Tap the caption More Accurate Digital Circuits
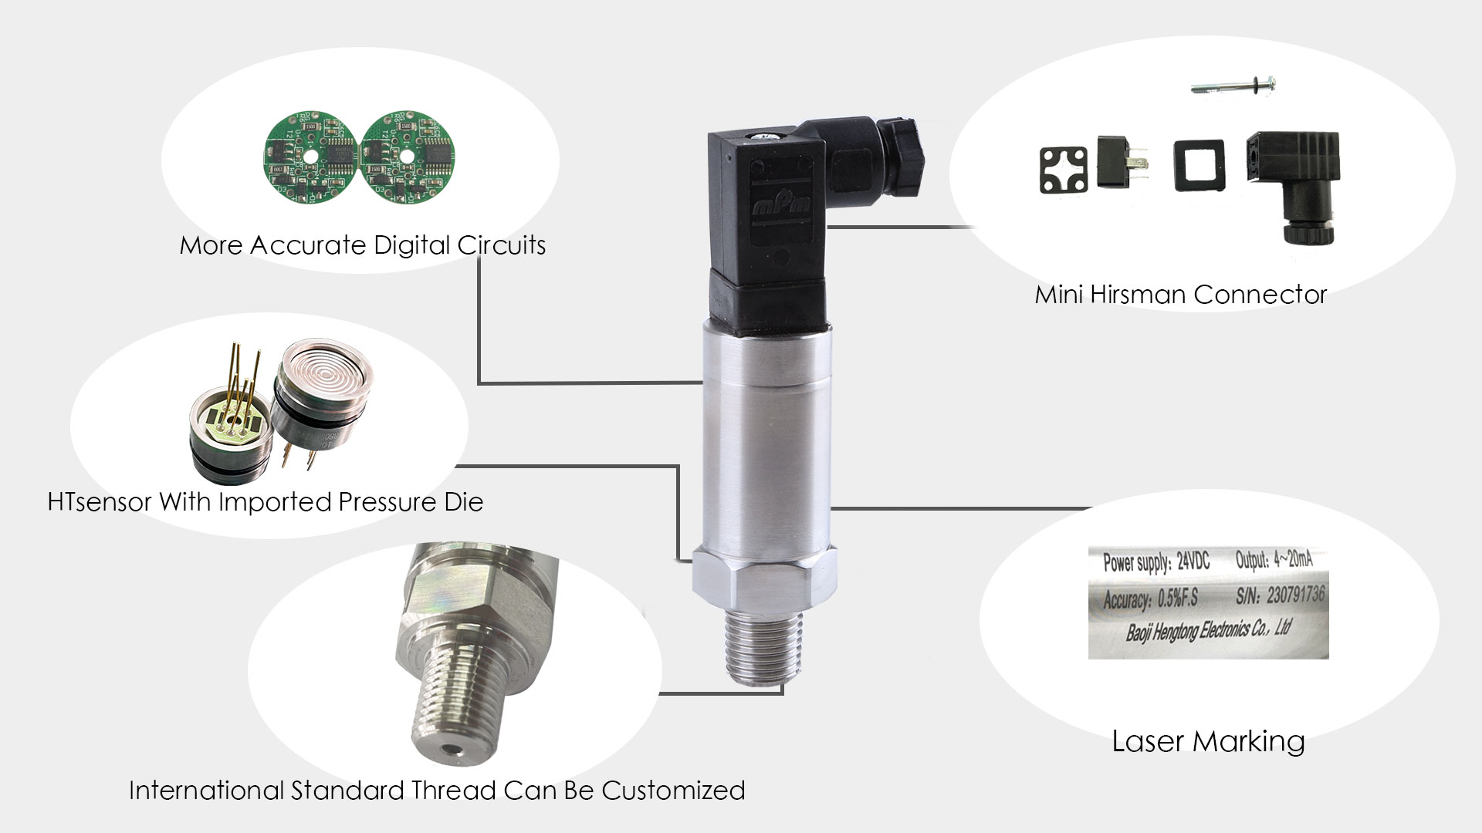363,245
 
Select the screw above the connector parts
1232,83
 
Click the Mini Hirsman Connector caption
1180,294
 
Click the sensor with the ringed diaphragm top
324,397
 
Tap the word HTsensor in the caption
99,502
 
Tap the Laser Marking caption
1208,740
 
